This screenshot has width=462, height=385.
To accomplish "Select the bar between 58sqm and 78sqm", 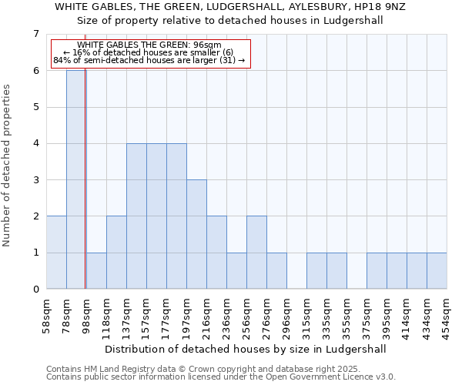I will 56,253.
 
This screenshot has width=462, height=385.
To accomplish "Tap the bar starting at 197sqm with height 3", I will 196,234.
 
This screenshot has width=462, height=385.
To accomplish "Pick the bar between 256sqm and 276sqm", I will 256,253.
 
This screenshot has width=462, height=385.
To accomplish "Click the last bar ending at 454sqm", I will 437,271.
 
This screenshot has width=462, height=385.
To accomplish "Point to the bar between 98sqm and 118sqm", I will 96,271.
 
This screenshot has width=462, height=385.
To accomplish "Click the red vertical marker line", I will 85,185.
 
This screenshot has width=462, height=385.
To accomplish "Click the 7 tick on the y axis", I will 35,34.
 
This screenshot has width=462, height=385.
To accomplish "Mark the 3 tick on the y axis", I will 35,180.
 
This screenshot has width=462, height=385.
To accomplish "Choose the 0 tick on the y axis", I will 35,290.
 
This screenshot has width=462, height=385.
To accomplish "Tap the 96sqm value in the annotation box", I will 207,45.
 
